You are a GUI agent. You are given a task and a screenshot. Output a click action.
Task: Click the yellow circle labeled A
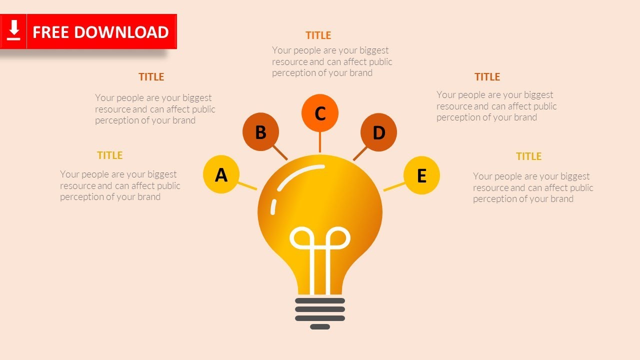pos(221,174)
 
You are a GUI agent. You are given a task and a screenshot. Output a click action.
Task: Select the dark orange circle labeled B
pos(260,132)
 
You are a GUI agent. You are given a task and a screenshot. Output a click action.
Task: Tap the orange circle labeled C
pos(320,113)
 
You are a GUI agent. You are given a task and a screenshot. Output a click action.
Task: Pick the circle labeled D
pos(378,132)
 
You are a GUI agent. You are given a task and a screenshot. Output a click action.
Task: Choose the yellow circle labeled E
pos(421,175)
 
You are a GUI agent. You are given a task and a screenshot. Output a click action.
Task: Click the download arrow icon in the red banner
pos(14,31)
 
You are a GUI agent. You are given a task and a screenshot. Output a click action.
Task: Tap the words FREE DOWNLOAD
pos(100,32)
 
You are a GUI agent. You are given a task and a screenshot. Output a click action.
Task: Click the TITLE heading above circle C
pos(318,35)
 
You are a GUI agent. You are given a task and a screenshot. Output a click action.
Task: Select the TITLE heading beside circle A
pos(110,155)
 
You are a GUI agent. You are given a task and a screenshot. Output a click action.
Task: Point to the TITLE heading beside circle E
pos(528,156)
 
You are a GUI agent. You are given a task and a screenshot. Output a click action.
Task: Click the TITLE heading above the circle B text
pos(151,77)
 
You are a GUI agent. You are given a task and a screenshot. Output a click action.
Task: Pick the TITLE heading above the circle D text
pos(487,77)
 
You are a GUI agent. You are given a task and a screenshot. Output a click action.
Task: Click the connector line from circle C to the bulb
pos(320,142)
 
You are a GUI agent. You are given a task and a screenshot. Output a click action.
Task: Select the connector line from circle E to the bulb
pos(394,186)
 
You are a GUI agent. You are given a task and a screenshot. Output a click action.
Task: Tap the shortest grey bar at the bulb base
pos(320,327)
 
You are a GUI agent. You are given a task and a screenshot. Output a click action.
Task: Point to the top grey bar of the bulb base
pos(320,301)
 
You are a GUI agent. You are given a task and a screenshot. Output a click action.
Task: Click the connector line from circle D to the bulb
pos(360,153)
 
